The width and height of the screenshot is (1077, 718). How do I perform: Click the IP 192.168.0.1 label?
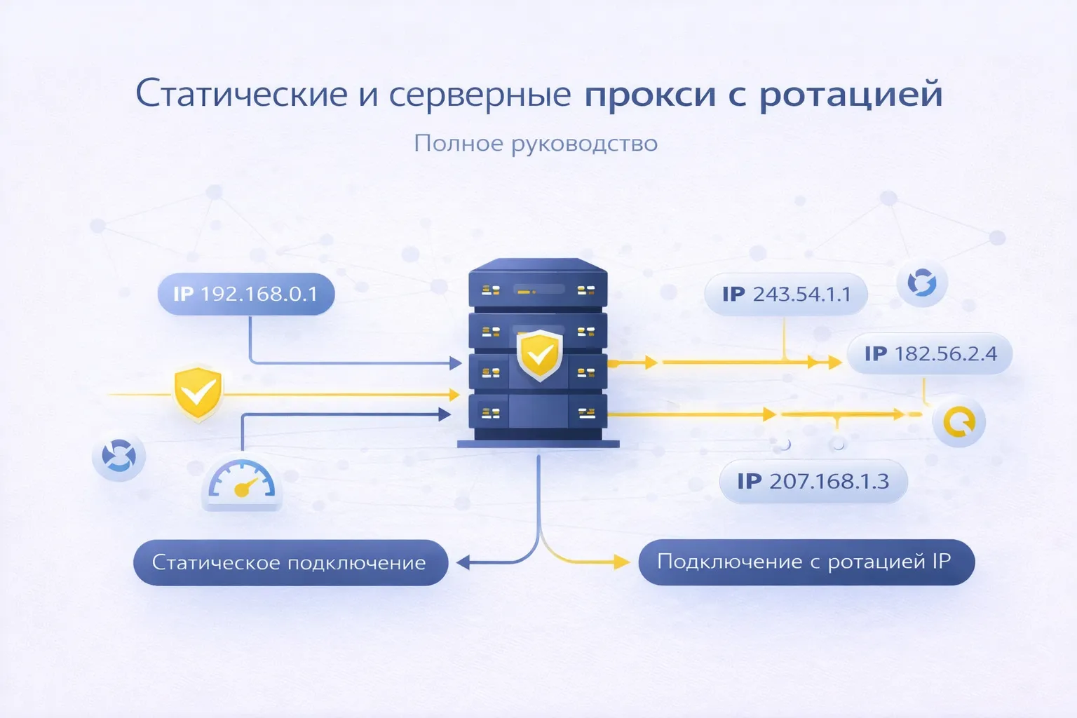pyautogui.click(x=245, y=294)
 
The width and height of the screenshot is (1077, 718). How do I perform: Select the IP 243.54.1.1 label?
pyautogui.click(x=785, y=294)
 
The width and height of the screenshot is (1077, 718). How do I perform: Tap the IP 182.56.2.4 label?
pyautogui.click(x=929, y=353)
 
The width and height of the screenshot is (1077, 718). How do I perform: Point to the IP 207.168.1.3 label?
pyautogui.click(x=813, y=482)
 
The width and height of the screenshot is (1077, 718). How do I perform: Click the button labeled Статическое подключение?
pyautogui.click(x=290, y=562)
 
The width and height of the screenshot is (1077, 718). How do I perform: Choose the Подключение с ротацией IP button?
pyautogui.click(x=806, y=562)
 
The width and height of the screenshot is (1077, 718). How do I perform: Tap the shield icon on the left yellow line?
pyautogui.click(x=198, y=393)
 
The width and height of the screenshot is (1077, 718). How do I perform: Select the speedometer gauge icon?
pyautogui.click(x=241, y=482)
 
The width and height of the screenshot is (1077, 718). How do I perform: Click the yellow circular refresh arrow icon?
pyautogui.click(x=959, y=422)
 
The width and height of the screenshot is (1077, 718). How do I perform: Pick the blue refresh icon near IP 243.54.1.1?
pyautogui.click(x=922, y=283)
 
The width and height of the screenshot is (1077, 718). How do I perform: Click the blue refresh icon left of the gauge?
pyautogui.click(x=118, y=456)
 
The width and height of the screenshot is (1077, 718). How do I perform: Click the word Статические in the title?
pyautogui.click(x=241, y=94)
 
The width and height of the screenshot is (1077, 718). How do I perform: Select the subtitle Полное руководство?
pyautogui.click(x=536, y=143)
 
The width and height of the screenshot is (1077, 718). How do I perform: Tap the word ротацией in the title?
pyautogui.click(x=851, y=94)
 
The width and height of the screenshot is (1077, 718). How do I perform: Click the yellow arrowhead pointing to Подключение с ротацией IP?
pyautogui.click(x=621, y=562)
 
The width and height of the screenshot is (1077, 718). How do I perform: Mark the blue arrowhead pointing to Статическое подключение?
pyautogui.click(x=463, y=562)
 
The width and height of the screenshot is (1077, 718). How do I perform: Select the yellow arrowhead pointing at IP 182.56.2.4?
pyautogui.click(x=834, y=363)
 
